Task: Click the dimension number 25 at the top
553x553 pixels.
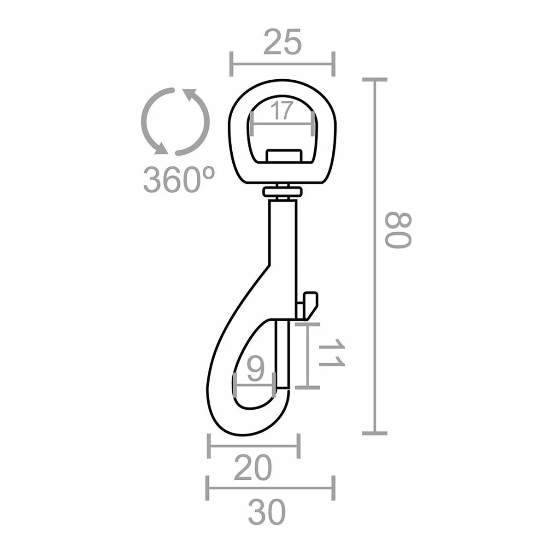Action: (282, 42)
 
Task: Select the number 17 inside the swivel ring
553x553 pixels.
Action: (281, 111)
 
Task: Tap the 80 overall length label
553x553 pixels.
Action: (397, 230)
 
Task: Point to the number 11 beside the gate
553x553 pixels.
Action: (332, 354)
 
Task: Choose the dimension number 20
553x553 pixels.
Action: (253, 469)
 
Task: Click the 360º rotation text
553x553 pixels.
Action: (179, 179)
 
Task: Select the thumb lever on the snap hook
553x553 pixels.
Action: (307, 304)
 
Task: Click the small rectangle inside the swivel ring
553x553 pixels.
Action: (283, 155)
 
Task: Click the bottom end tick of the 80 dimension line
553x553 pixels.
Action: (374, 433)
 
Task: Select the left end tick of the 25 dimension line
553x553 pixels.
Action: (231, 64)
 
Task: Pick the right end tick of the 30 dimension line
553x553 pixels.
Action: (333, 488)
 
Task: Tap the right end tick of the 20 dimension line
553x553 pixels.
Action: (300, 446)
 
